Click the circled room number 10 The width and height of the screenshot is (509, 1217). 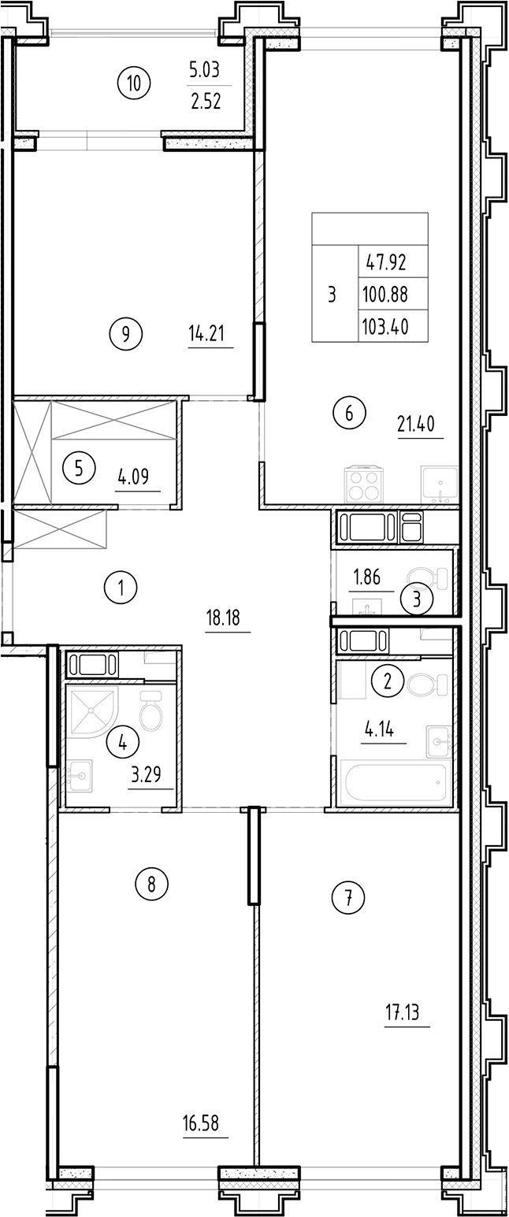coord(135,82)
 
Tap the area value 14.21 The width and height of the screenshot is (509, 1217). coord(206,334)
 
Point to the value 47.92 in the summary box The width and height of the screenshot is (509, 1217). coord(384,261)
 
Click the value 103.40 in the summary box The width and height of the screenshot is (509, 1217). coord(384,325)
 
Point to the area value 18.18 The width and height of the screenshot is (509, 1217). coord(228,618)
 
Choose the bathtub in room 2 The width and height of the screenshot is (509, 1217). coord(395,783)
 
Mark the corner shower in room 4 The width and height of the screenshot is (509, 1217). coord(91,709)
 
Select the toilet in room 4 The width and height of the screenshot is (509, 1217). coord(150,712)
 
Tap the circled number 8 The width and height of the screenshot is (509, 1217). coord(152,884)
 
